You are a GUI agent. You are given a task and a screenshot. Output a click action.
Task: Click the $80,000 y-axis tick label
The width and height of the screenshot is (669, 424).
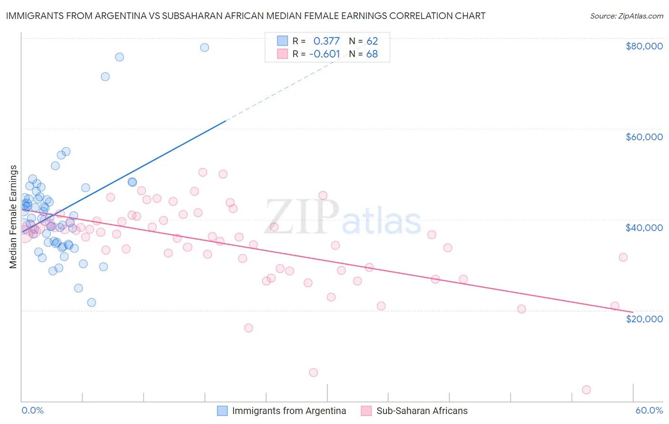[x=644, y=46]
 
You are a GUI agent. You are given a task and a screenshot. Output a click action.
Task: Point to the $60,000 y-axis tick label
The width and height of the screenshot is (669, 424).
[x=644, y=137]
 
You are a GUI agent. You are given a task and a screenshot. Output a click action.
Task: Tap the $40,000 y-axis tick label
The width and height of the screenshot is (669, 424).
[x=644, y=228]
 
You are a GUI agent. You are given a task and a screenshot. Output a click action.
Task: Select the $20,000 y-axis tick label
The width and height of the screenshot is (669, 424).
[x=644, y=318]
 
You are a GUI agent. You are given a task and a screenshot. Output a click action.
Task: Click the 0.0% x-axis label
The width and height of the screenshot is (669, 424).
[x=32, y=410]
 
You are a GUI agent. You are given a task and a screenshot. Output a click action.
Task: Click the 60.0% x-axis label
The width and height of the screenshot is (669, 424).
[x=649, y=410]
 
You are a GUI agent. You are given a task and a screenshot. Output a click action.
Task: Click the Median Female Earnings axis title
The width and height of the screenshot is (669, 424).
[x=13, y=217]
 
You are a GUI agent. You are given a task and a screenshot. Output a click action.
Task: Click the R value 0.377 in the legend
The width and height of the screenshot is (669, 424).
[x=326, y=41]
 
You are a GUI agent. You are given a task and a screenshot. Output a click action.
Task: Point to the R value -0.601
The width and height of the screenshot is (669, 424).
[x=325, y=54]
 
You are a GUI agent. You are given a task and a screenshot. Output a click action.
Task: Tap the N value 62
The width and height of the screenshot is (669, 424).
[x=372, y=41]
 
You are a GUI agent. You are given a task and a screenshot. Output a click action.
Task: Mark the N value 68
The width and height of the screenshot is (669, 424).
[x=372, y=54]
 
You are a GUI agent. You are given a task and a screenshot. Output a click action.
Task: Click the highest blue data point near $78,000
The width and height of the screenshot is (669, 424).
[x=204, y=48]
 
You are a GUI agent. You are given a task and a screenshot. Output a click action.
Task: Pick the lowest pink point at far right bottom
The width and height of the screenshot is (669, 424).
[x=586, y=390]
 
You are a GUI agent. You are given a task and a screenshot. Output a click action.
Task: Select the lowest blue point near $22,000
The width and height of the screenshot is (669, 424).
[x=91, y=302]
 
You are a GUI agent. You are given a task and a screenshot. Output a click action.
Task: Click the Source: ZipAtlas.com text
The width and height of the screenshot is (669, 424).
[x=626, y=16]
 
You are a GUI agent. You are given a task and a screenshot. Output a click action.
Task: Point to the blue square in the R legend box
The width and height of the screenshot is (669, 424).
[x=283, y=41]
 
